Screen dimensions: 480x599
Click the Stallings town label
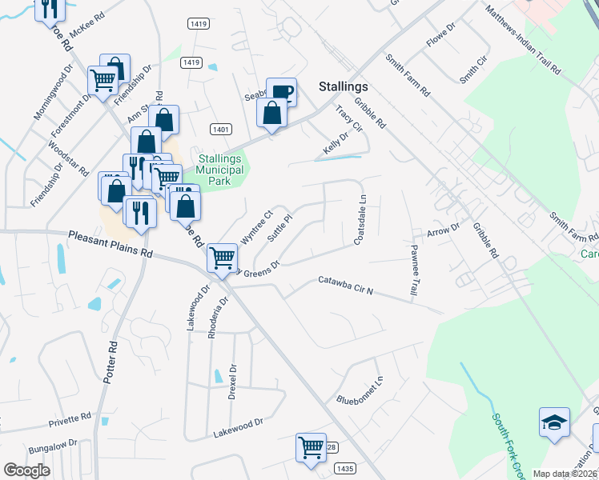pyautogui.click(x=343, y=86)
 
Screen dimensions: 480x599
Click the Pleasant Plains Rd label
pyautogui.click(x=110, y=243)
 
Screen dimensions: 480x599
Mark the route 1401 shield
pyautogui.click(x=221, y=129)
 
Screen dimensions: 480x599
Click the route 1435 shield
pyautogui.click(x=345, y=468)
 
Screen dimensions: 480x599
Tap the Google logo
pyautogui.click(x=27, y=470)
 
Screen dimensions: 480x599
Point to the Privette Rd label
pyautogui.click(x=70, y=418)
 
